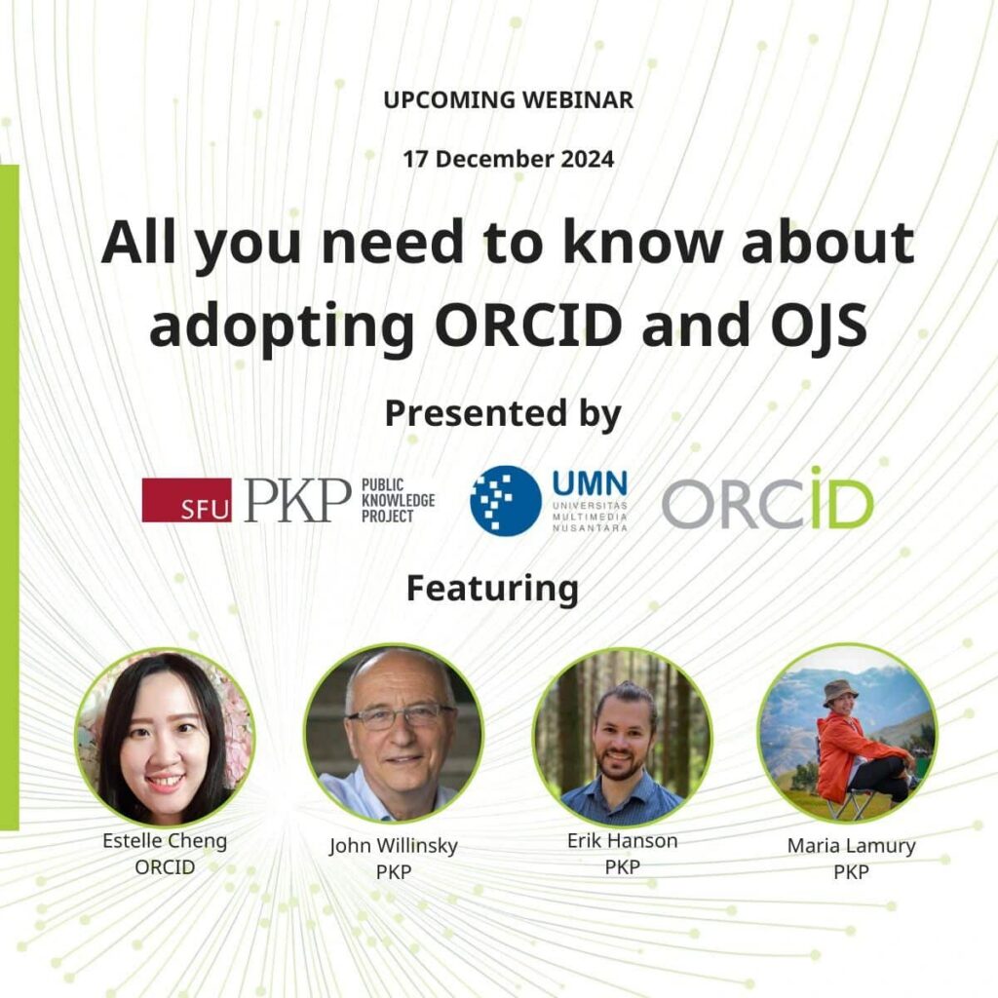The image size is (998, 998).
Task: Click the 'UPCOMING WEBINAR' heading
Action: pos(508,99)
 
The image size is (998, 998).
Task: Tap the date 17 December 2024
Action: pos(508,158)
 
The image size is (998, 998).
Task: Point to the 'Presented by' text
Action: pos(502,413)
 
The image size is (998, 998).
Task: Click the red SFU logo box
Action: pos(186,500)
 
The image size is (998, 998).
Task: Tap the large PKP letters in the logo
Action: pos(297,500)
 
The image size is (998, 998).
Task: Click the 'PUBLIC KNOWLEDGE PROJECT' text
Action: pos(398,500)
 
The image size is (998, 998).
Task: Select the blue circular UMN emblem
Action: pos(506,500)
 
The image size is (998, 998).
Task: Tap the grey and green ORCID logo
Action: pos(767,500)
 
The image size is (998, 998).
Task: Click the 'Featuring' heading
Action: pos(492,588)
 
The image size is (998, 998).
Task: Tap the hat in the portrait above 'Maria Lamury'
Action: pos(839,690)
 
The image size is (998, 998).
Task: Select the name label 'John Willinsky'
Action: pos(393,846)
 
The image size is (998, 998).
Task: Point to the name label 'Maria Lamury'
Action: pos(851,846)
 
